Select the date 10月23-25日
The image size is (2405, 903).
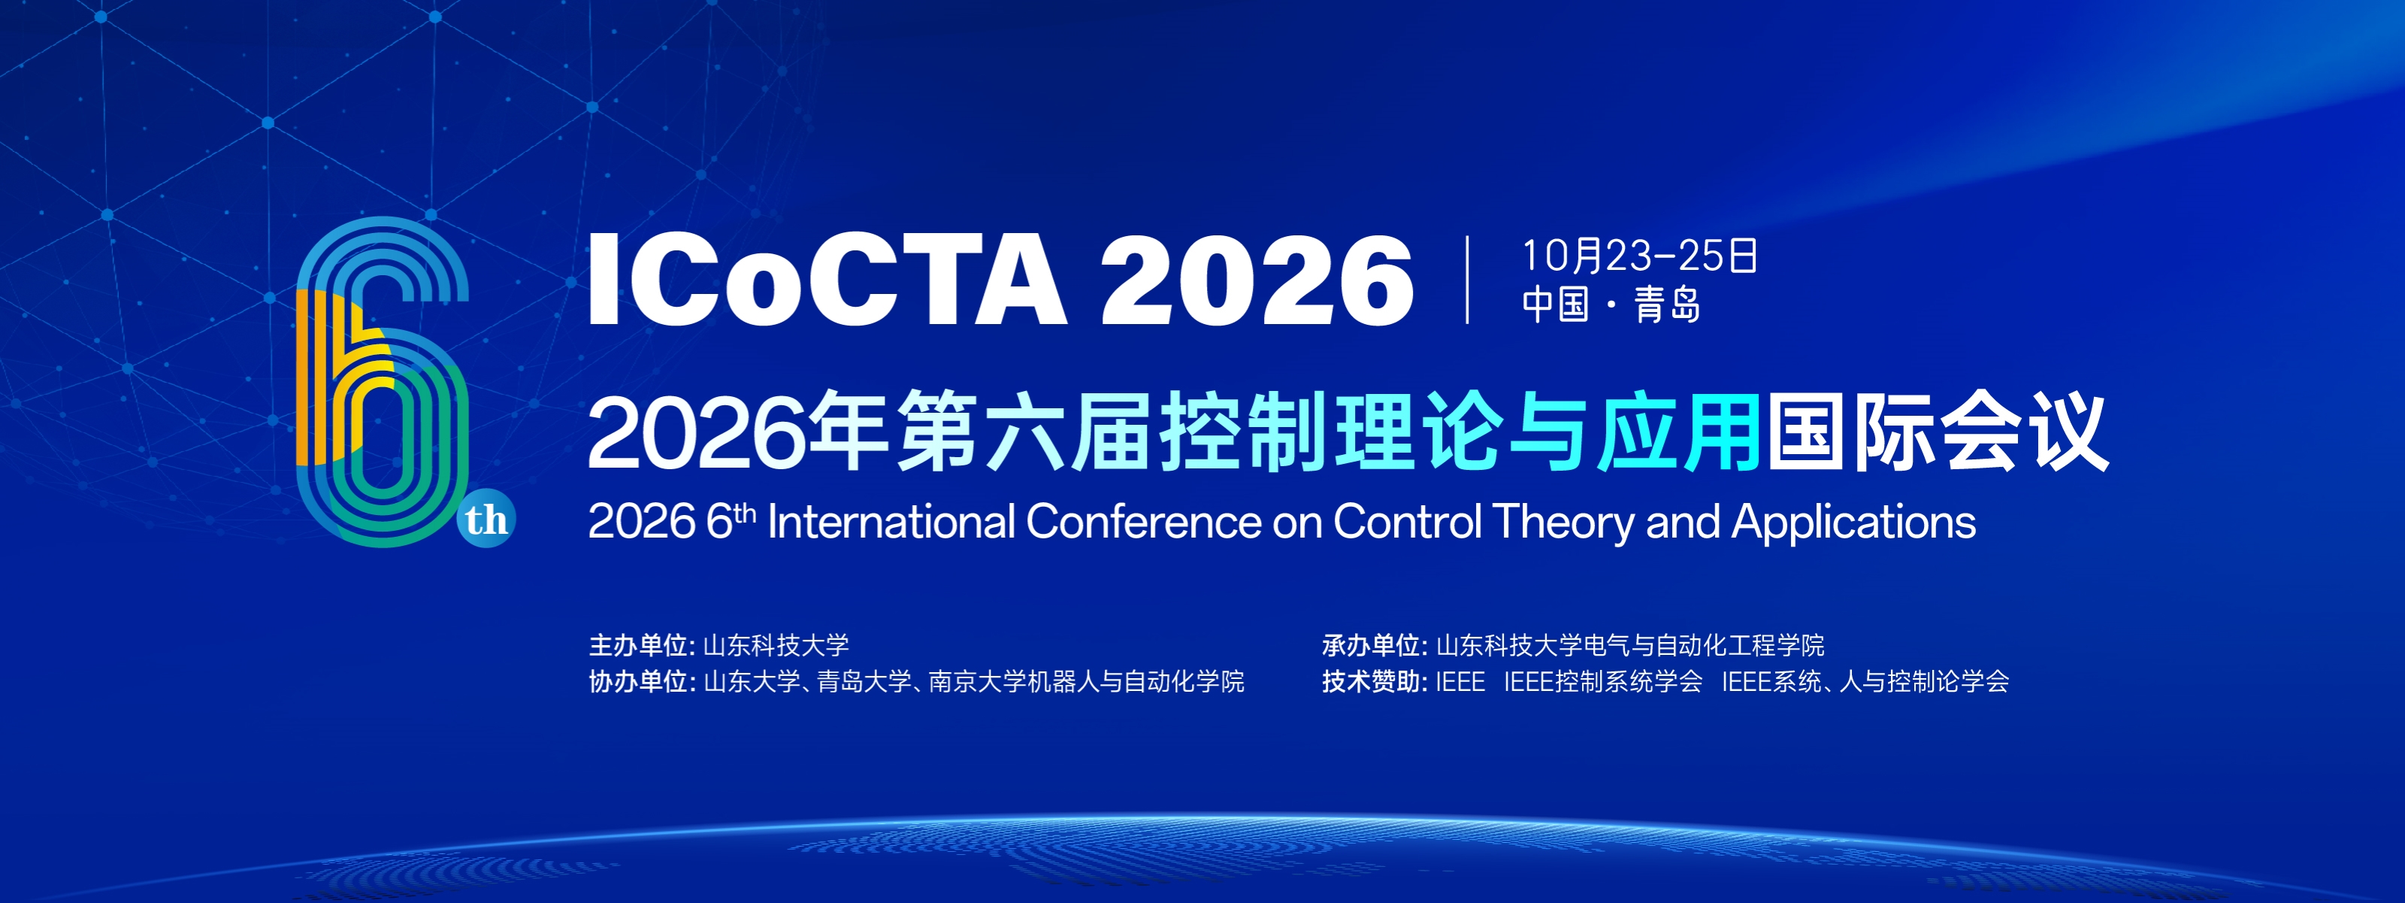pos(1639,256)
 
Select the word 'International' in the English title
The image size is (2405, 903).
pos(891,521)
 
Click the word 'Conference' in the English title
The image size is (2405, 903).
pos(1144,521)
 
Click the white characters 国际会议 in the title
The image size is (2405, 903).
pos(1936,432)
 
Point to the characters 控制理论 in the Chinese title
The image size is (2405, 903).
pos(1330,432)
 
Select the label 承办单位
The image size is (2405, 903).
pos(1372,645)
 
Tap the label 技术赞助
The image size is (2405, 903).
pos(1372,682)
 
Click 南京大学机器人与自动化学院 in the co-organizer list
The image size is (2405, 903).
pos(1086,682)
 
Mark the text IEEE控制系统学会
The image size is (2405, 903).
pos(1603,682)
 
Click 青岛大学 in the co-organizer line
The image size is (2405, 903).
pos(864,682)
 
